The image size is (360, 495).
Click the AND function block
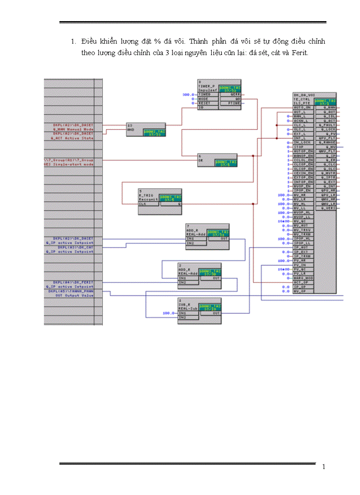click(146, 130)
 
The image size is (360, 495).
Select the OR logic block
click(217, 160)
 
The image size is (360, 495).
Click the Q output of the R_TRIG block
click(179, 204)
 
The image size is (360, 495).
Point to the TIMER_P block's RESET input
click(207, 103)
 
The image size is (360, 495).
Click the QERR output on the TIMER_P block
click(234, 94)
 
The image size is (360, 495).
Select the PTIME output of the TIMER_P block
click(233, 103)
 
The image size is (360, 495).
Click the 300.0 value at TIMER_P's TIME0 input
click(188, 94)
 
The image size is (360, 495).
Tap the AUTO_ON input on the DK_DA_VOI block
click(302, 108)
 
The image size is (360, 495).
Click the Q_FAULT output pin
click(329, 125)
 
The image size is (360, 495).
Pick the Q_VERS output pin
click(329, 208)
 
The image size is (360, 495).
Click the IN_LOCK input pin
click(302, 142)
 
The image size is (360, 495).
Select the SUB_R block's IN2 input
click(182, 317)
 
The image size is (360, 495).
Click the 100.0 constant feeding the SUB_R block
click(168, 313)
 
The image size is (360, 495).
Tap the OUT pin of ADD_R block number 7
click(224, 239)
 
